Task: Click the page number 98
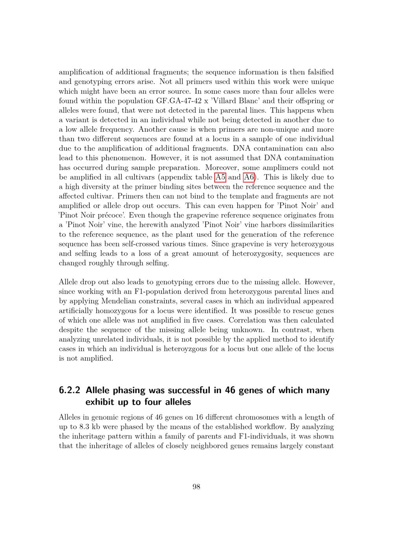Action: (x=196, y=487)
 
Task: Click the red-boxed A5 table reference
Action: (x=220, y=177)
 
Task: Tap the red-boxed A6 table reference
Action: (x=249, y=177)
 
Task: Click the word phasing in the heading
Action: (x=128, y=391)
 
